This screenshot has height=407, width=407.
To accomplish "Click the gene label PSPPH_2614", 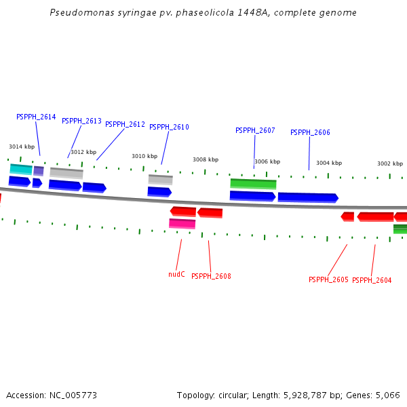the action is (x=36, y=117).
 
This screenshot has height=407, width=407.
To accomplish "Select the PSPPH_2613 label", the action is (x=81, y=121).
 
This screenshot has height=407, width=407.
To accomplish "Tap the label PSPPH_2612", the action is (x=125, y=124).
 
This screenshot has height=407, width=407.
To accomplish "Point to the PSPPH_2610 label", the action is (x=169, y=127).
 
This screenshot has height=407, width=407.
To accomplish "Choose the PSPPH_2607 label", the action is (x=255, y=130).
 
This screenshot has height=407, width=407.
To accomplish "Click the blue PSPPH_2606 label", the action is (x=310, y=132).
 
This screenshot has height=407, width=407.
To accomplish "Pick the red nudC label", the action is (x=176, y=274).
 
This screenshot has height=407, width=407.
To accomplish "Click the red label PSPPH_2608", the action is (x=211, y=276).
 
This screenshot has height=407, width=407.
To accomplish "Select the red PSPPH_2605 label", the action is (x=328, y=279).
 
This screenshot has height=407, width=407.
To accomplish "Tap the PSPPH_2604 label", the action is (x=372, y=280).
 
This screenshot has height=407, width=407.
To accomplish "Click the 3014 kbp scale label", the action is (x=22, y=147).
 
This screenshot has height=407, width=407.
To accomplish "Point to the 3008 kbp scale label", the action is (x=206, y=159).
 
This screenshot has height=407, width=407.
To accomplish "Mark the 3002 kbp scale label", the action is (x=390, y=163).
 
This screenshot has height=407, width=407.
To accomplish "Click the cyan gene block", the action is (x=21, y=168).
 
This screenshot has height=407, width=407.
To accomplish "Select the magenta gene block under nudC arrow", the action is (x=182, y=223).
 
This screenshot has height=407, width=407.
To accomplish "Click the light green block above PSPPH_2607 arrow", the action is (x=253, y=183).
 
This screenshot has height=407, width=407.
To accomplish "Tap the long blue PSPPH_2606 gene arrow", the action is (x=308, y=197).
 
